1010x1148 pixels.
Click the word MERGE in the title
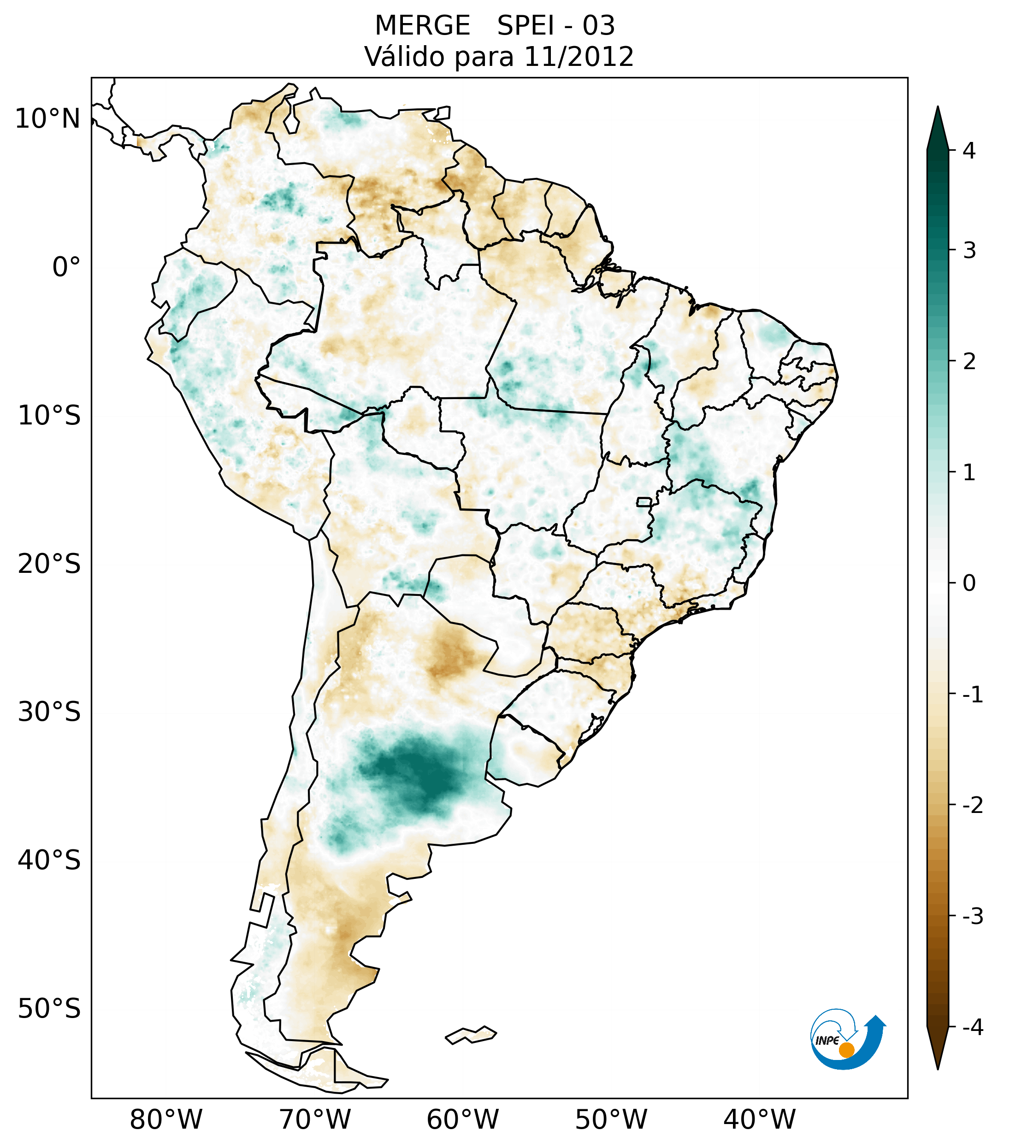[x=422, y=26]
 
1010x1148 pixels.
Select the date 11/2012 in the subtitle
[x=579, y=57]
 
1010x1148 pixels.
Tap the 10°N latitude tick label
[x=48, y=119]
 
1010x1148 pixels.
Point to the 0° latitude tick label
[x=66, y=267]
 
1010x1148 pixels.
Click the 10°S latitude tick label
[x=49, y=416]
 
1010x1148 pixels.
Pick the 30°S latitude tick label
[x=49, y=712]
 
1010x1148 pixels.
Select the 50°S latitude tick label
[x=49, y=1009]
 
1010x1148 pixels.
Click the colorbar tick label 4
[x=969, y=151]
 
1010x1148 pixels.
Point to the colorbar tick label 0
[x=969, y=583]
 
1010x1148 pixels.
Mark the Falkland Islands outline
[x=471, y=1035]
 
